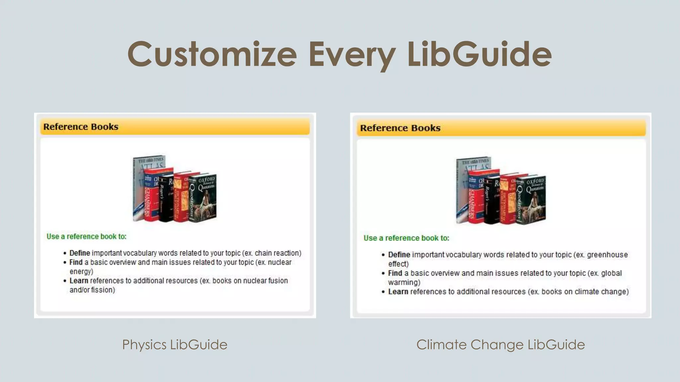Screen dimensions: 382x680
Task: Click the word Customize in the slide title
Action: [x=212, y=54]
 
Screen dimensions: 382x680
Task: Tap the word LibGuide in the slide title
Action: [x=479, y=54]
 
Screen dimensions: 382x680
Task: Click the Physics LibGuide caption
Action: [x=175, y=345]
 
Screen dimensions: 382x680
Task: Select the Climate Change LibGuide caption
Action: [x=500, y=345]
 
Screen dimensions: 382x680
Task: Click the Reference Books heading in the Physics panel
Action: [x=81, y=127]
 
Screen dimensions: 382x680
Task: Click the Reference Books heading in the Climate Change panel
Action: [x=400, y=128]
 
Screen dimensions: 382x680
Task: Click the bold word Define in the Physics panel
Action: [x=80, y=253]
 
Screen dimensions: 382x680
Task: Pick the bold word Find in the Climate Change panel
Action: [x=395, y=273]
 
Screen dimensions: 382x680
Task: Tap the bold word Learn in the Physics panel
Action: [x=79, y=281]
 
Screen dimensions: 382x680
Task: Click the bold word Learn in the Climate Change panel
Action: [x=398, y=291]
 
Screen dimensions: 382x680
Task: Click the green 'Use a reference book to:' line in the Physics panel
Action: [x=86, y=236]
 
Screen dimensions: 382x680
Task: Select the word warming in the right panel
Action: [x=404, y=283]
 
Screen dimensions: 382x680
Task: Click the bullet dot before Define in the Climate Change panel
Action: [x=383, y=255]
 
